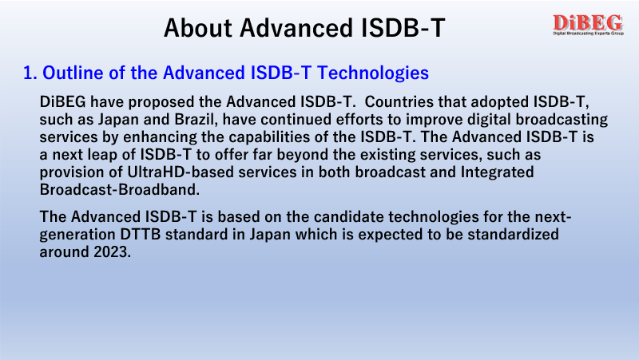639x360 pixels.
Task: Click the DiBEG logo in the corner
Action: tap(588, 25)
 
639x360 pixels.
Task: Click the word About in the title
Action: tap(198, 28)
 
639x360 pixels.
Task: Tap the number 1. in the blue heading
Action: tap(30, 73)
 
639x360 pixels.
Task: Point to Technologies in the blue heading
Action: tap(373, 73)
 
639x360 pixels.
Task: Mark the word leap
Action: tap(101, 155)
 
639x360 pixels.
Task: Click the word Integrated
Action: tap(497, 172)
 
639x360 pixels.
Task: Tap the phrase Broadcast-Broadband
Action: tap(119, 190)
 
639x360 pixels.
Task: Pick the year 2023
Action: tap(112, 252)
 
